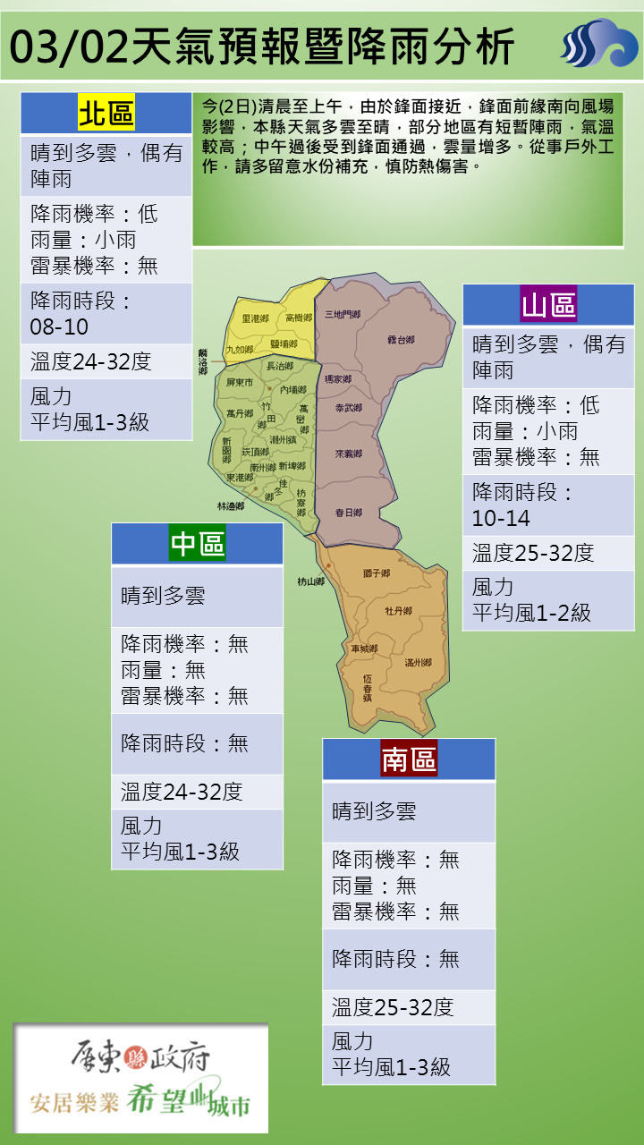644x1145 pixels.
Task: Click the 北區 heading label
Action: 106,114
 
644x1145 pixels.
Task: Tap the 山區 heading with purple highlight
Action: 548,305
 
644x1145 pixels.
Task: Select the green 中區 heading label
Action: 198,543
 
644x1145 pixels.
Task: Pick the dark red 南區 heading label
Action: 409,759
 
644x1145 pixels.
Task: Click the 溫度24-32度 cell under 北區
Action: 91,361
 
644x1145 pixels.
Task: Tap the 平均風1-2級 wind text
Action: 532,613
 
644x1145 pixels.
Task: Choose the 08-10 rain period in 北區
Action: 59,327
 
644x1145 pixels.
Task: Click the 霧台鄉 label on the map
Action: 401,340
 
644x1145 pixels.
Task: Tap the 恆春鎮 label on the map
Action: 368,688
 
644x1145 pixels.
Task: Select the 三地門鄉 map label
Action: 343,314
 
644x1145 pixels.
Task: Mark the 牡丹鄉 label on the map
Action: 398,611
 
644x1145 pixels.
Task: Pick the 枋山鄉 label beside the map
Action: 311,581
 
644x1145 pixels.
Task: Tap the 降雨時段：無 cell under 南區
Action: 396,959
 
